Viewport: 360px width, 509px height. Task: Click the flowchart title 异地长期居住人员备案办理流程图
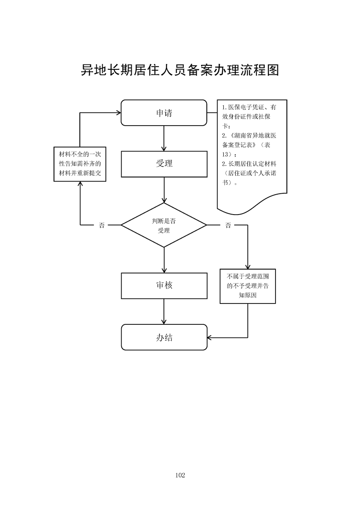[180, 71]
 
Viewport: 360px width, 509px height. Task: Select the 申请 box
[164, 113]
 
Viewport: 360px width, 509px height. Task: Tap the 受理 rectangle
[164, 164]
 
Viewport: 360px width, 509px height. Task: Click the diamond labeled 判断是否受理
[164, 225]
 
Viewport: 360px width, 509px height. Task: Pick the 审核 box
[164, 286]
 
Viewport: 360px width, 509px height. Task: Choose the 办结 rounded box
[164, 337]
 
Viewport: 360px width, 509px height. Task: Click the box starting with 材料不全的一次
[80, 164]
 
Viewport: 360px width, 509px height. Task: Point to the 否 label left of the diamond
[102, 225]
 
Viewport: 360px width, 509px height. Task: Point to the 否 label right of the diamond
[228, 225]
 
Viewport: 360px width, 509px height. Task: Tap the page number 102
[180, 475]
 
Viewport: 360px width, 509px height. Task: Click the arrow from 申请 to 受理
[164, 138]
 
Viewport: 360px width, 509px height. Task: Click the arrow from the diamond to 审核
[164, 260]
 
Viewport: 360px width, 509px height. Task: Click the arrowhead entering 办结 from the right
[210, 337]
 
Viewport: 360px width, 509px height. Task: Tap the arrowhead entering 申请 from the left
[118, 113]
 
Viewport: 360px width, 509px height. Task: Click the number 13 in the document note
[227, 154]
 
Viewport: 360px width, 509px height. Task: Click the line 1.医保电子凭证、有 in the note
[249, 108]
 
